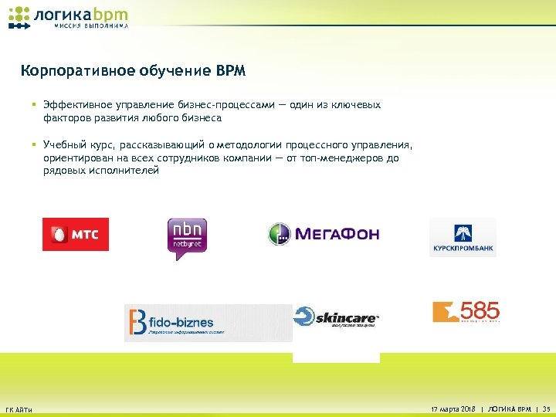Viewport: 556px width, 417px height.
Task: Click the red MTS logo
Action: point(76,234)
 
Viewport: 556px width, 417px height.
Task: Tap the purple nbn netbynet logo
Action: point(187,237)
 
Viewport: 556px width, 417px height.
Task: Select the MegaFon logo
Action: point(324,233)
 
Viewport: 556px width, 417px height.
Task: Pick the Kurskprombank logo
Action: point(463,237)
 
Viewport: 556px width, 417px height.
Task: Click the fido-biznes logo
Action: point(208,323)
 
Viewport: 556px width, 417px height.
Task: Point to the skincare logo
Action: point(337,318)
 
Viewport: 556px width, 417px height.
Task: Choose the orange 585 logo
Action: point(466,312)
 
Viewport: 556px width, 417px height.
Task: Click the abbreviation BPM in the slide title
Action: point(231,72)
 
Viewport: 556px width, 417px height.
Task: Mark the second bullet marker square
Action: point(36,144)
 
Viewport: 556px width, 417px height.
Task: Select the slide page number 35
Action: point(546,408)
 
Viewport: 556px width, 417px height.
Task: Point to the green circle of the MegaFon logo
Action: point(279,234)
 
